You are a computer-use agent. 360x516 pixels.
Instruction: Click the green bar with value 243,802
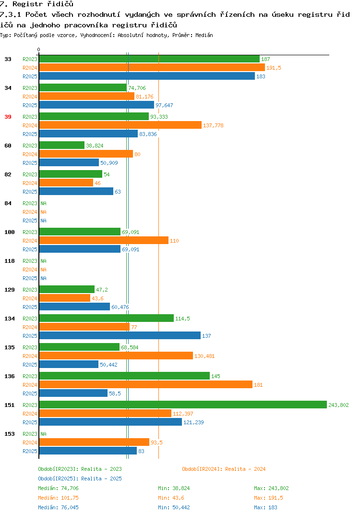[x=183, y=405]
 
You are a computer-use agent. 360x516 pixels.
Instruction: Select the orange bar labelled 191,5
[x=152, y=67]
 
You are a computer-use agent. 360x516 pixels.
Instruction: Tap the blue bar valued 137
[x=120, y=336]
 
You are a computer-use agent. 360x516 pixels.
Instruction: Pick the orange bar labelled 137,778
[x=120, y=125]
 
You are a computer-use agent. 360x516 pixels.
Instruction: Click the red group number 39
[x=8, y=117]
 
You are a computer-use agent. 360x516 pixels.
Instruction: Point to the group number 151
[x=10, y=405]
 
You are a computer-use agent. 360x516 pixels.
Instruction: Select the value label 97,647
[x=164, y=105]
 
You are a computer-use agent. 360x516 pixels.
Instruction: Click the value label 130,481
[x=204, y=356]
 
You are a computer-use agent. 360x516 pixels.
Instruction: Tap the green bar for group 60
[x=62, y=146]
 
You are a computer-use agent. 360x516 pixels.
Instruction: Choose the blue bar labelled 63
[x=76, y=192]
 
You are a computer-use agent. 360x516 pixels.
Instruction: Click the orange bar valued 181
[x=145, y=385]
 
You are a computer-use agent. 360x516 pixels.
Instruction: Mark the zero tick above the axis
[x=38, y=49]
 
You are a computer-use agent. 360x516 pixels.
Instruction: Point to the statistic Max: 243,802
[x=271, y=488]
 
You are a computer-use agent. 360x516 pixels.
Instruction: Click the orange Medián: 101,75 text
[x=58, y=498]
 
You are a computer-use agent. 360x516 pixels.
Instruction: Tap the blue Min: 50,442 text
[x=174, y=507]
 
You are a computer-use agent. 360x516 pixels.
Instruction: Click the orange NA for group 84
[x=43, y=212]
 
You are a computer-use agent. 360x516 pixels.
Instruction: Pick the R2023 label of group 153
[x=30, y=434]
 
